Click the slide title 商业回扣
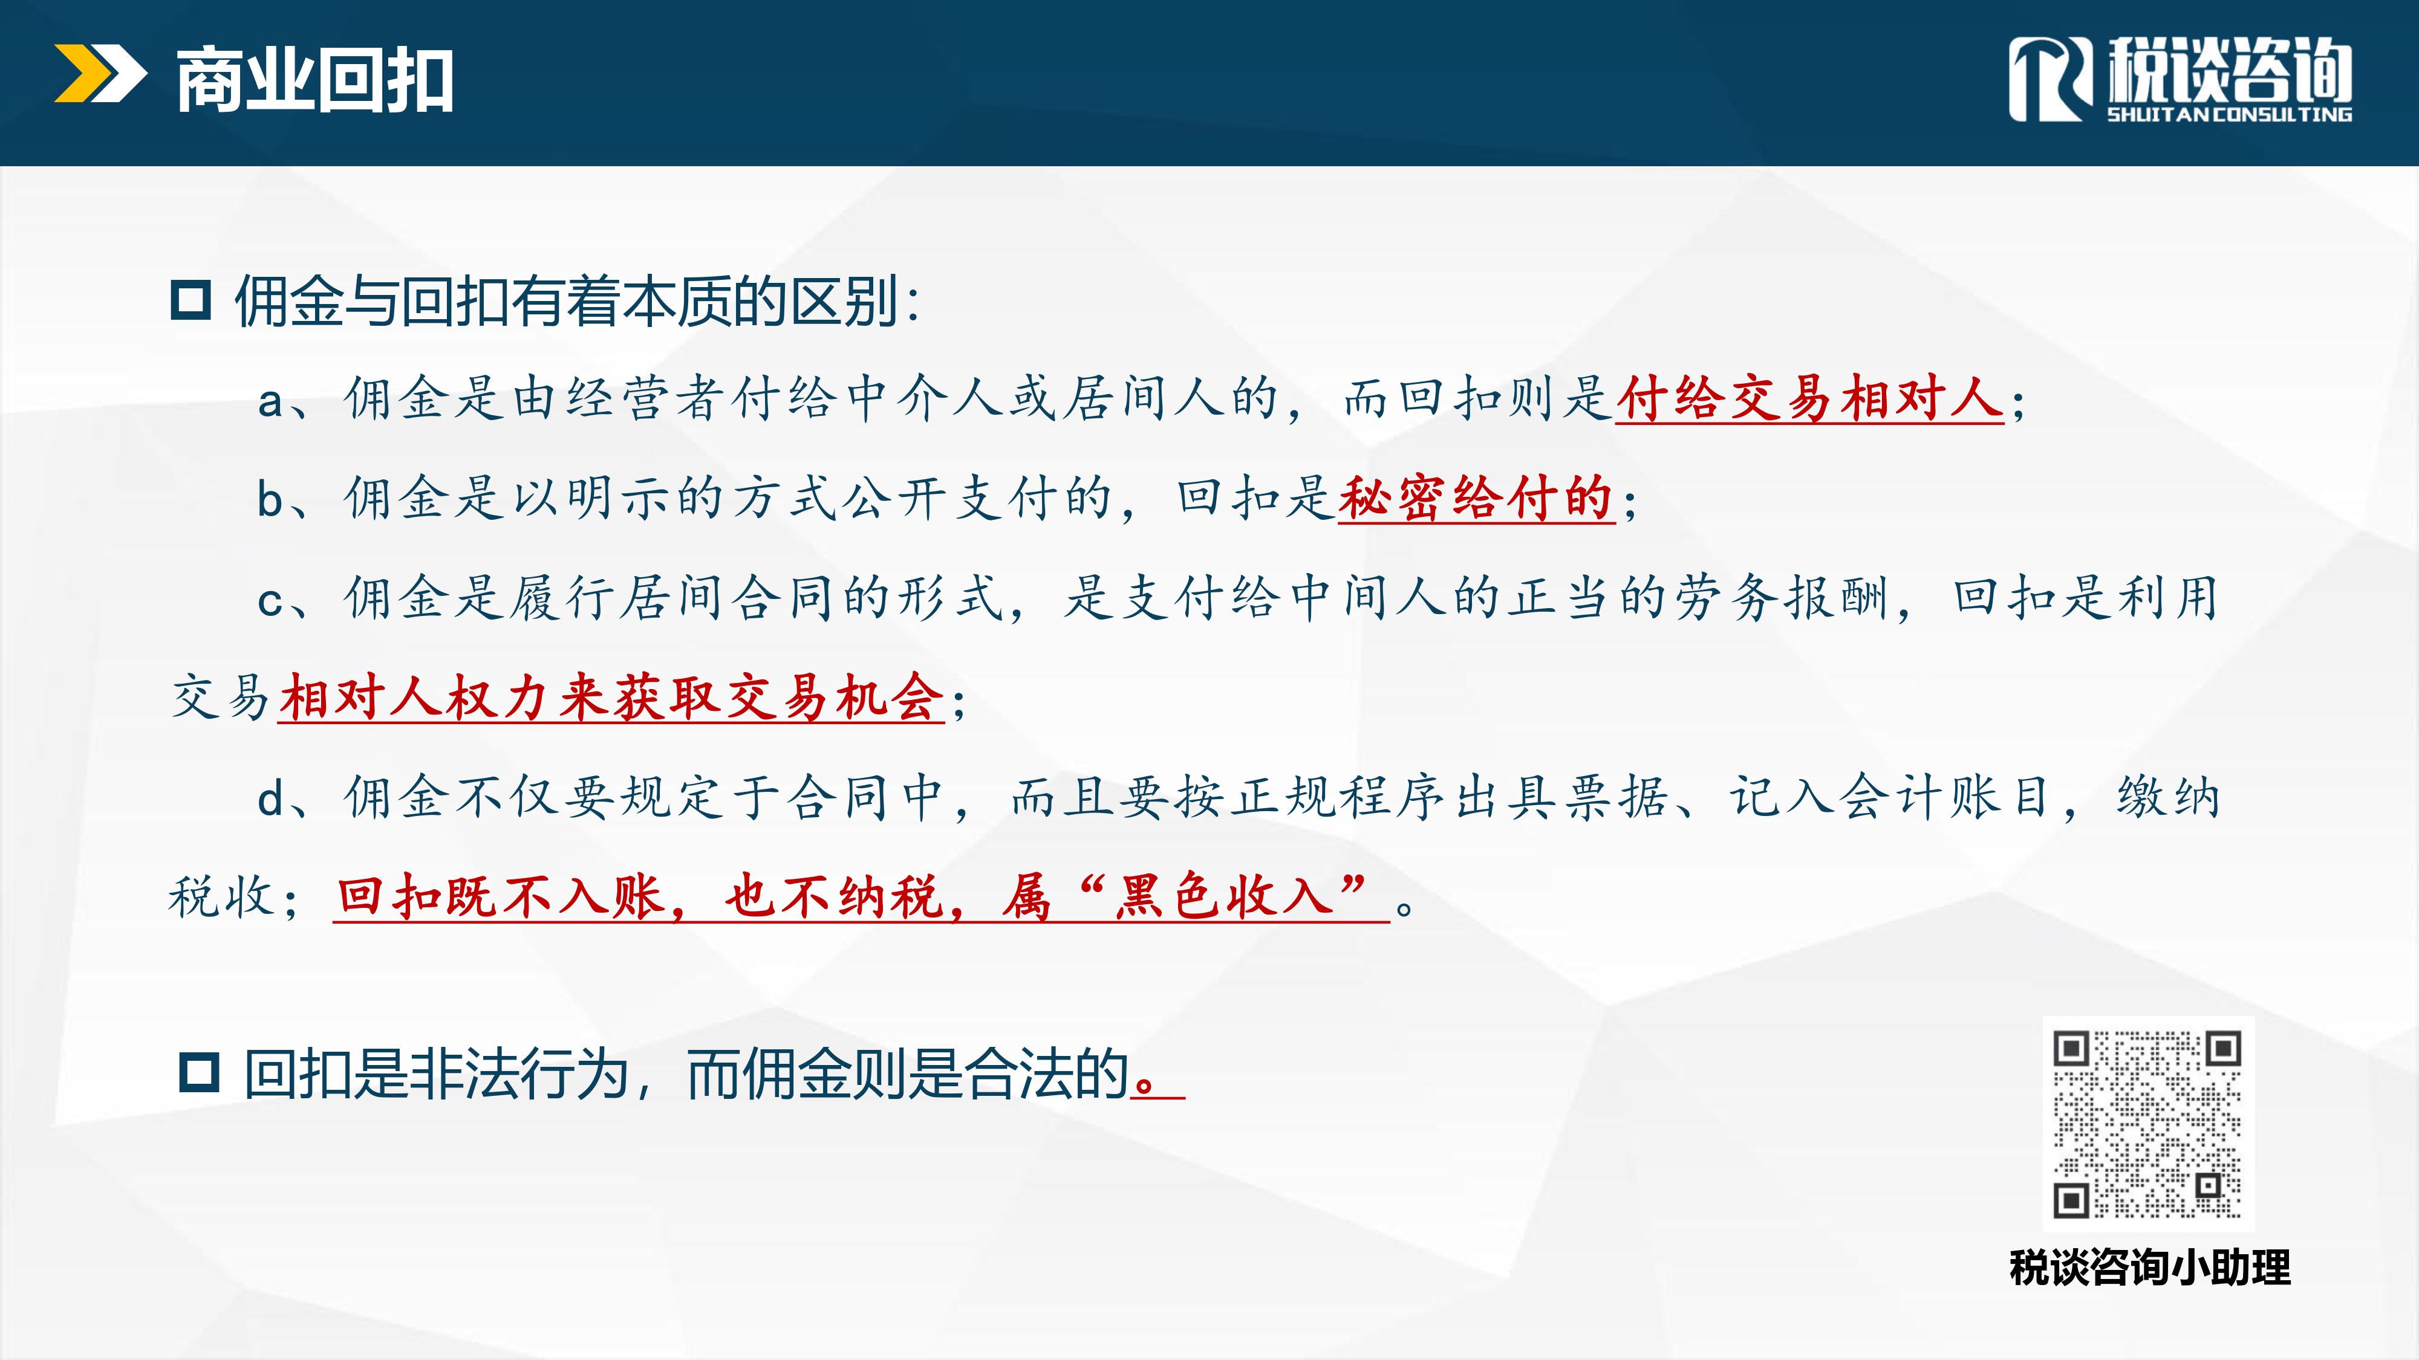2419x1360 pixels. (x=314, y=81)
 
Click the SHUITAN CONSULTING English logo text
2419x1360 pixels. (x=2229, y=114)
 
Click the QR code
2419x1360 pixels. (x=2147, y=1124)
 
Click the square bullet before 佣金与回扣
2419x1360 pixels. (x=190, y=300)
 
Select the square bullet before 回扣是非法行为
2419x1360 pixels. (x=199, y=1073)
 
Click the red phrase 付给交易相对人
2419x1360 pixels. (x=1809, y=398)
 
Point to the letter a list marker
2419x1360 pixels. (x=270, y=403)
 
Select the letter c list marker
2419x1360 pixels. (x=270, y=601)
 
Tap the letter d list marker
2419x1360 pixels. (x=270, y=798)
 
